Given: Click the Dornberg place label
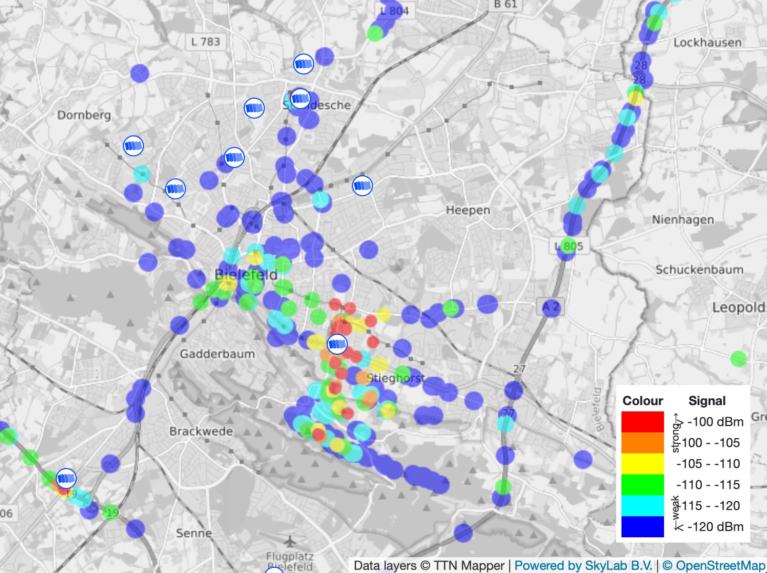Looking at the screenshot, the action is [x=84, y=115].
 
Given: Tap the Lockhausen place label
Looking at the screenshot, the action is [x=707, y=43].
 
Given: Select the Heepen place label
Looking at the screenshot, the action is [x=468, y=210].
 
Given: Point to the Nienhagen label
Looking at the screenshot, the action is [x=682, y=220].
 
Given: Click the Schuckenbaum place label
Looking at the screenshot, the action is [x=699, y=270].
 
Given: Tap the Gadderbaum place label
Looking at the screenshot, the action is [x=217, y=354].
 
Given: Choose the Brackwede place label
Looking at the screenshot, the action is [x=201, y=431].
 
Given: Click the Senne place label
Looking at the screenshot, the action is [x=194, y=533].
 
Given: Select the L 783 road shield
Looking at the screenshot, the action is [x=205, y=41].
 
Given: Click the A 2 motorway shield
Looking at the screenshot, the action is [x=551, y=307].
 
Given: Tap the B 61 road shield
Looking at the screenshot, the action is [x=505, y=5].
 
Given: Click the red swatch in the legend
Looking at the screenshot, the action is [x=642, y=422].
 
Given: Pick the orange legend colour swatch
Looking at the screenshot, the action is [x=642, y=443].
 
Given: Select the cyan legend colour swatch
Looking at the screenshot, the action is [x=642, y=506].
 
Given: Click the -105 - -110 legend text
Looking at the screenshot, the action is [x=708, y=464].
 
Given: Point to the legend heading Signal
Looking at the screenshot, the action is [x=707, y=401].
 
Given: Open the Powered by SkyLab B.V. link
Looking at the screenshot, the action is [x=583, y=566].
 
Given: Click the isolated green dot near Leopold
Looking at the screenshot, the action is [x=738, y=359].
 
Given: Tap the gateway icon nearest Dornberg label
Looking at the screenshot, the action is [x=133, y=146].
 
